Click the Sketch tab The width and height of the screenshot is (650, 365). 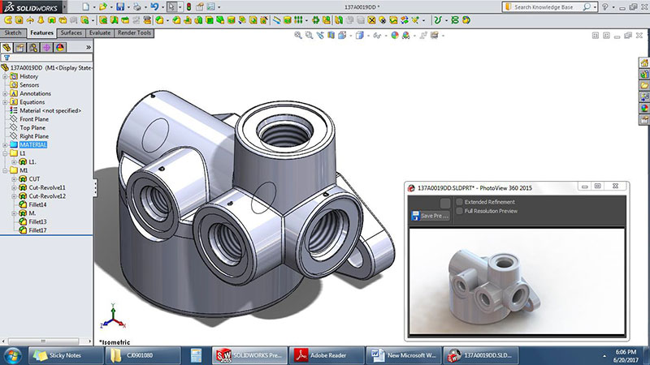click(x=13, y=33)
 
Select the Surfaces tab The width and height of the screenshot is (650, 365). click(x=71, y=33)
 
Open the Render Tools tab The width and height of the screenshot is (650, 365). click(x=135, y=33)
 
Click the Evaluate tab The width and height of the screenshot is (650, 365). click(x=100, y=33)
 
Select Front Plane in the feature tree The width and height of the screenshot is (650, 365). click(x=35, y=119)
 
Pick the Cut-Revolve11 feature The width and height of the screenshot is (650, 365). click(x=47, y=187)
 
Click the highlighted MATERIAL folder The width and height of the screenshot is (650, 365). click(x=33, y=144)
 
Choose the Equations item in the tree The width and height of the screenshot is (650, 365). click(x=32, y=102)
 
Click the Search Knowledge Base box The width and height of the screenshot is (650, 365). click(x=557, y=6)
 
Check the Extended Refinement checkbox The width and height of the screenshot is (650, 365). click(x=460, y=201)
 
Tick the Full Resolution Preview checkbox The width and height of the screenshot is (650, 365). click(x=460, y=211)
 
